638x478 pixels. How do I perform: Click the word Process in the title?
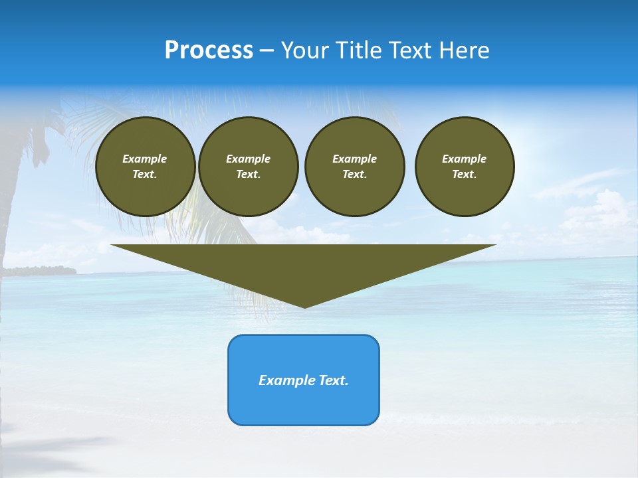coord(209,50)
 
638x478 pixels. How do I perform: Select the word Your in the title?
coord(305,50)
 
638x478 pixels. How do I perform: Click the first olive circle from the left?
coord(145,167)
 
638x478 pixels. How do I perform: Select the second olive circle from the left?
coord(248,167)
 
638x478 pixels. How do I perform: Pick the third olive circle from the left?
coord(354,167)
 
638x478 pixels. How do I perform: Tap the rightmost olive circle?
coord(464,167)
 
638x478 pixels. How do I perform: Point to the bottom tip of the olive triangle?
coord(304,307)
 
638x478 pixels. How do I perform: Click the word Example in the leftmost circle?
coord(145,159)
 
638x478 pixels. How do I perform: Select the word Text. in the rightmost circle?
coord(464,174)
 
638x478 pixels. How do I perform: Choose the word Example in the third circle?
coord(354,159)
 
